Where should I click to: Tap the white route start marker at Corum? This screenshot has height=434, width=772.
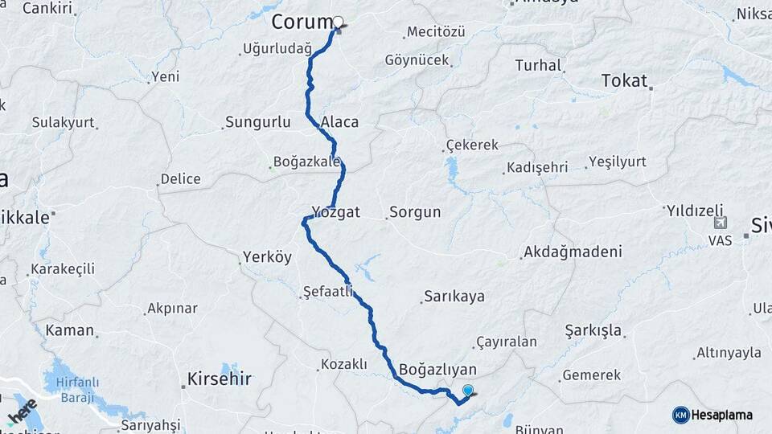[338, 23]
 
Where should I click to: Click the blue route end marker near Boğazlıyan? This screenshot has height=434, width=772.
[467, 391]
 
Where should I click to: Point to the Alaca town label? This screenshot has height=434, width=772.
[339, 122]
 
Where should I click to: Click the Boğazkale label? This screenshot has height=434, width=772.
[307, 162]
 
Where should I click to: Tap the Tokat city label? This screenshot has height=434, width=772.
[624, 81]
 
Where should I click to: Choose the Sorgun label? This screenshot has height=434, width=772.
[415, 212]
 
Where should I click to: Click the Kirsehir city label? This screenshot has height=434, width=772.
[219, 379]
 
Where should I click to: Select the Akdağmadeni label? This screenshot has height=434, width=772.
[573, 252]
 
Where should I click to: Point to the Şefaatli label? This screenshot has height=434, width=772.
[327, 291]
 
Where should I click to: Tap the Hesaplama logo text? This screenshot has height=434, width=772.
[722, 415]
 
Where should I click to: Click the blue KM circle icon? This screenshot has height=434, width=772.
[680, 415]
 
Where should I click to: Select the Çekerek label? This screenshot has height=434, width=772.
[474, 145]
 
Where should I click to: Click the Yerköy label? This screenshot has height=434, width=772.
[269, 258]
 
